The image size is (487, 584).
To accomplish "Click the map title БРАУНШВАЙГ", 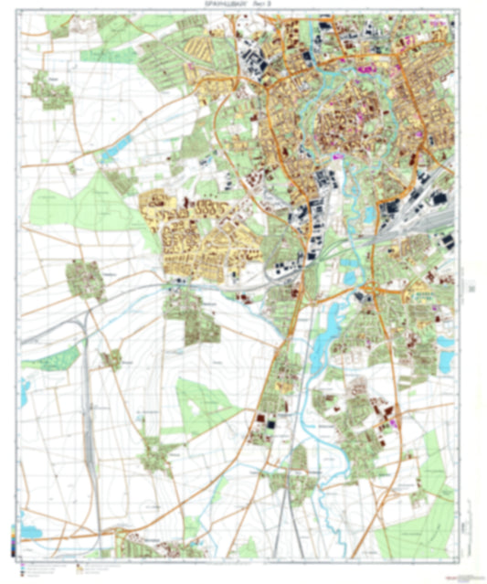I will click(212, 5).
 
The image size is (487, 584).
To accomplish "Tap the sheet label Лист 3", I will click(260, 5).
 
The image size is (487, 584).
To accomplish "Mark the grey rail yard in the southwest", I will click(91, 430).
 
